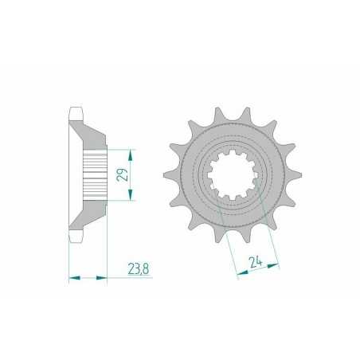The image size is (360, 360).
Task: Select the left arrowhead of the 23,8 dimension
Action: point(74,278)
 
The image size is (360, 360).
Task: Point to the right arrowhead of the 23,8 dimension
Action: point(103,278)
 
